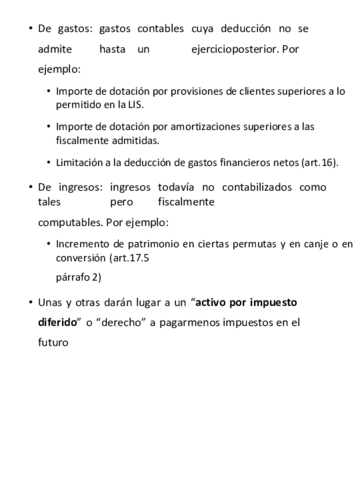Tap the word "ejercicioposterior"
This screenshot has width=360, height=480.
click(x=237, y=48)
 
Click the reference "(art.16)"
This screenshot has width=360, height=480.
click(x=320, y=161)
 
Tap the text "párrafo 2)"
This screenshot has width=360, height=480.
click(x=78, y=277)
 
